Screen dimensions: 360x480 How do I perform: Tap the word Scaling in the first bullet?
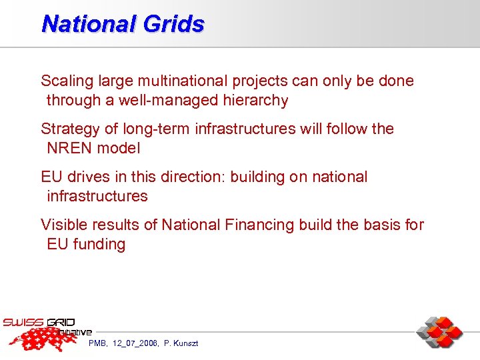pos(67,81)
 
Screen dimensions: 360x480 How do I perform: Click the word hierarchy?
pos(257,101)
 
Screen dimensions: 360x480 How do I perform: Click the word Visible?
pos(65,225)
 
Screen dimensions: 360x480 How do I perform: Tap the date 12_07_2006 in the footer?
pos(135,343)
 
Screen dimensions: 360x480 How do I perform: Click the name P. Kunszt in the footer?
pos(181,343)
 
